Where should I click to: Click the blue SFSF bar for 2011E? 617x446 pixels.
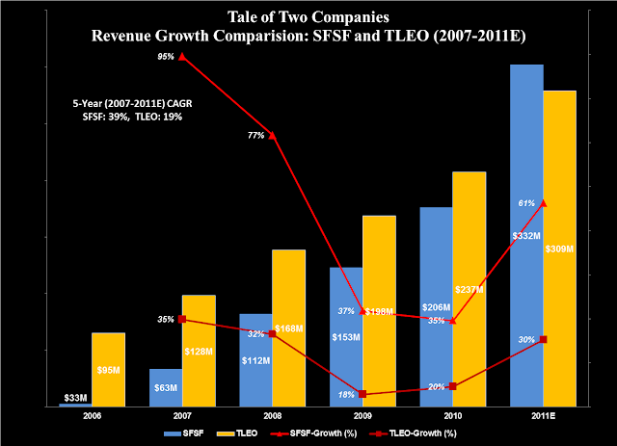pyautogui.click(x=526, y=144)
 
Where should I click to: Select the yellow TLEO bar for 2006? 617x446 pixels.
pyautogui.click(x=108, y=370)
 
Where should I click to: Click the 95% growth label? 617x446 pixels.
pyautogui.click(x=166, y=57)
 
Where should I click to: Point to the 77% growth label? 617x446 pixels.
pyautogui.click(x=255, y=136)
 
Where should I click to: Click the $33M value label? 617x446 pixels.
pyautogui.click(x=75, y=397)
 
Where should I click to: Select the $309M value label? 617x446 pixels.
pyautogui.click(x=559, y=249)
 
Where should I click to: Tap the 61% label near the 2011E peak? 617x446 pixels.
pyautogui.click(x=526, y=203)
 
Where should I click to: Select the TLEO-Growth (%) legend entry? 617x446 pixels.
pyautogui.click(x=421, y=434)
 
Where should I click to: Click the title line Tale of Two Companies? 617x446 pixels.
pyautogui.click(x=308, y=17)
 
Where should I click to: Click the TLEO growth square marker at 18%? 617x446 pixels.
pyautogui.click(x=362, y=394)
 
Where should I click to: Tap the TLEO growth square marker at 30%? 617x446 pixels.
pyautogui.click(x=544, y=339)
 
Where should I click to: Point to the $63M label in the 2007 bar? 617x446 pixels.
pyautogui.click(x=166, y=388)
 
